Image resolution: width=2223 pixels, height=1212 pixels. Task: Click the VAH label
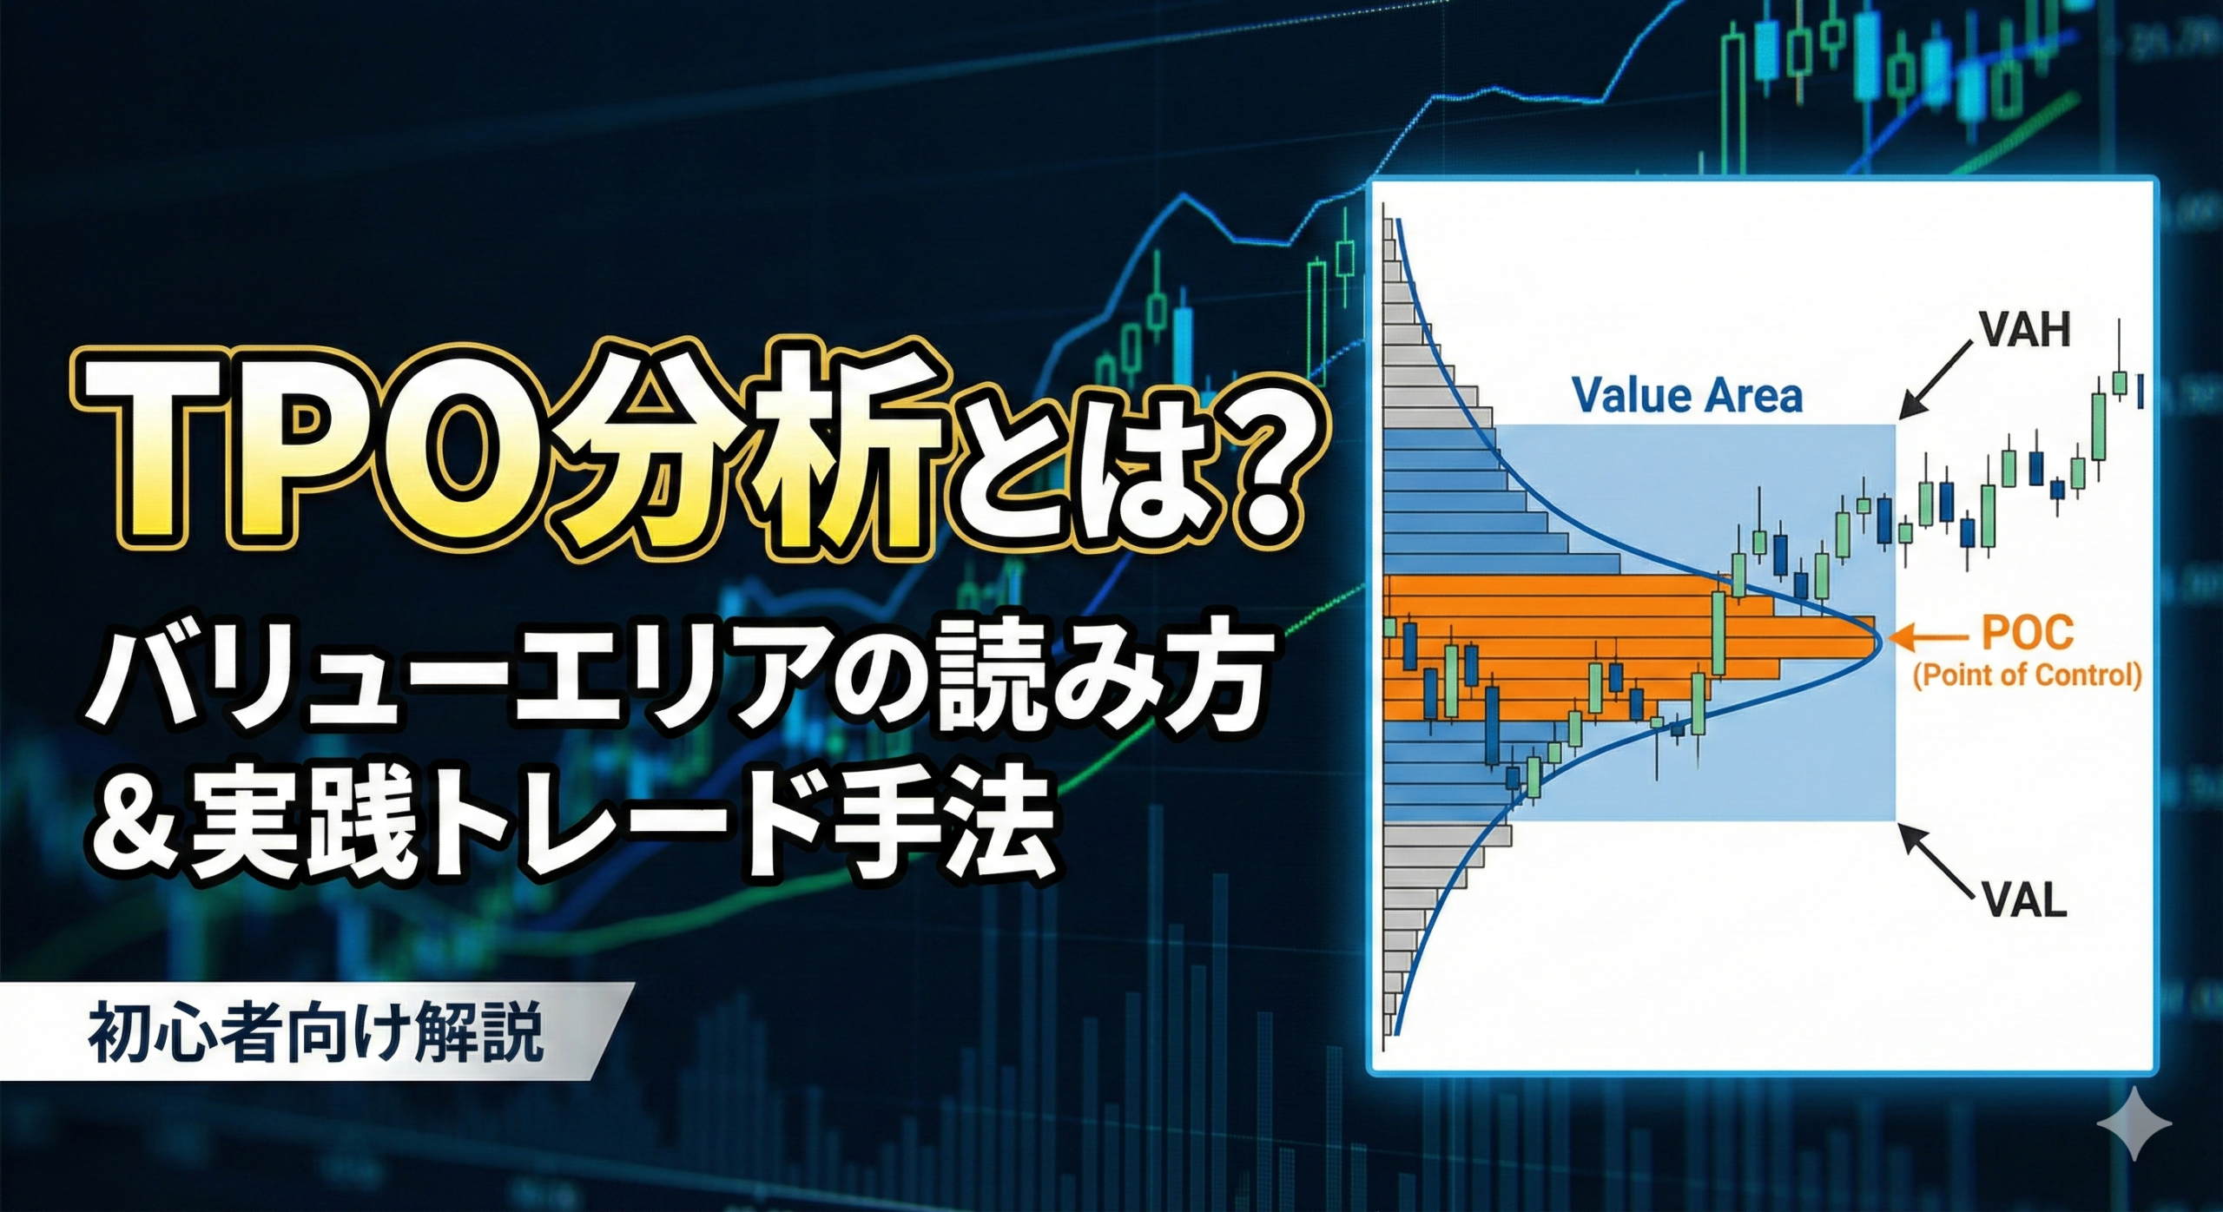2023,331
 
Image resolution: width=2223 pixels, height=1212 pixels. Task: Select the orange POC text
2027,633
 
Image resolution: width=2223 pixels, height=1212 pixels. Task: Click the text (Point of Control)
2027,675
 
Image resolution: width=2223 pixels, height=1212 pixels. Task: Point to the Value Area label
1688,396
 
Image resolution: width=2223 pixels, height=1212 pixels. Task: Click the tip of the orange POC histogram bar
1875,638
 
